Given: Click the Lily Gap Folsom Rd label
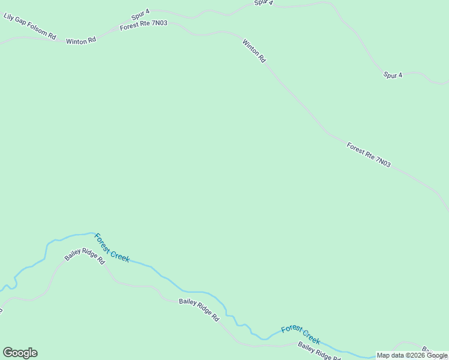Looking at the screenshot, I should [x=29, y=26].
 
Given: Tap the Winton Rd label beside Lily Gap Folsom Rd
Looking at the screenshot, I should [x=80, y=41].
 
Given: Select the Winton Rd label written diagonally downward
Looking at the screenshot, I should [x=254, y=51].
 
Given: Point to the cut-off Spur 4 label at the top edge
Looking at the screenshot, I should [x=264, y=2].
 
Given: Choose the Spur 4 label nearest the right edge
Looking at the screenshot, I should [x=393, y=75].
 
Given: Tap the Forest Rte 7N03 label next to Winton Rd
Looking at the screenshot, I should [x=143, y=26].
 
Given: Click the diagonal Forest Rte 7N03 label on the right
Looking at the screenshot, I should [x=368, y=154].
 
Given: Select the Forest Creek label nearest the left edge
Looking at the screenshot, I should [x=112, y=248].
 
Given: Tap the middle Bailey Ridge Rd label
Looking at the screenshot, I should [x=199, y=309].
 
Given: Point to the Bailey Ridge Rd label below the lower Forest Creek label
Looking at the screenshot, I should [x=318, y=351].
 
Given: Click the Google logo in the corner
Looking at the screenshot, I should [x=20, y=353].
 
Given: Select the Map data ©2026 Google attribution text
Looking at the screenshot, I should [x=412, y=355].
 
